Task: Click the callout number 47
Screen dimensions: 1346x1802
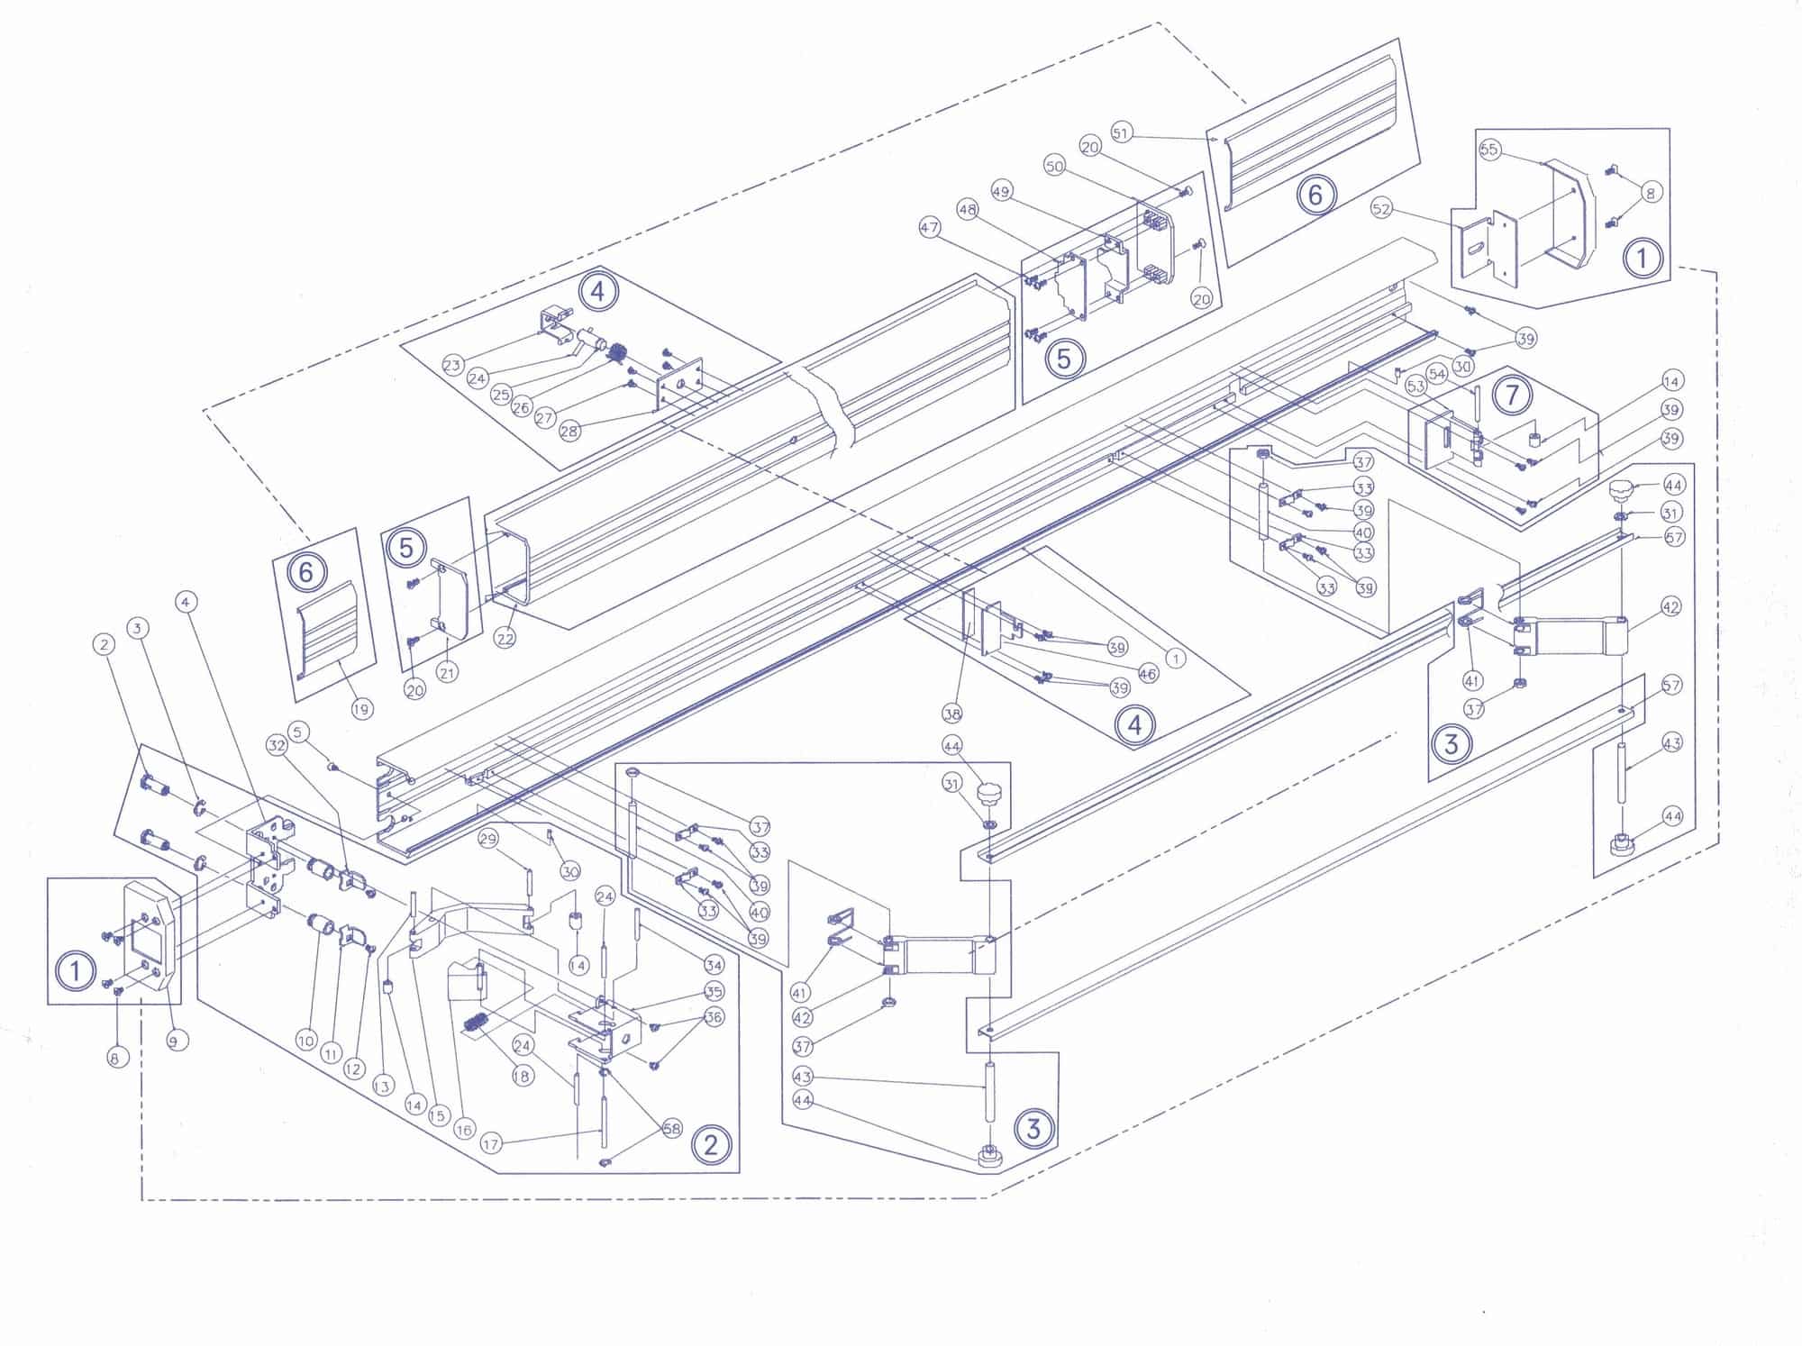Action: tap(930, 228)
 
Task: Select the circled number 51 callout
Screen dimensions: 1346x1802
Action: tap(1120, 132)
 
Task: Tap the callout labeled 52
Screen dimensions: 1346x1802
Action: tap(1380, 208)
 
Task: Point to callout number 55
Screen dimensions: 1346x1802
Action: tap(1489, 149)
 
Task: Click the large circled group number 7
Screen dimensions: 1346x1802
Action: tap(1512, 395)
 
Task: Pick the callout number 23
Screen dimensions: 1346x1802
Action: tap(452, 365)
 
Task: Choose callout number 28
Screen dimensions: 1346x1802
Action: tap(569, 431)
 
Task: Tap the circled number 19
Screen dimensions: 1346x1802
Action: tap(361, 709)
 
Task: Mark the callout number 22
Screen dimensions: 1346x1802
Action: tap(505, 638)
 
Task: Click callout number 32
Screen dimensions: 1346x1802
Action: tap(277, 745)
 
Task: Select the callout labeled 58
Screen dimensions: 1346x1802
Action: tap(672, 1129)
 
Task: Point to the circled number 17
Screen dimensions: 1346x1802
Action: tap(490, 1144)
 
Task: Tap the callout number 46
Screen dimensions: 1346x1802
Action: tap(1148, 674)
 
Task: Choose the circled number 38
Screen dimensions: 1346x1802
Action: tap(952, 714)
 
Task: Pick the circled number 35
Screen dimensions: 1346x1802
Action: tap(714, 992)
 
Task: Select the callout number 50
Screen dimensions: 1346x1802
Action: tap(1055, 166)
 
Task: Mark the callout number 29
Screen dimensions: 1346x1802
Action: tap(487, 839)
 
